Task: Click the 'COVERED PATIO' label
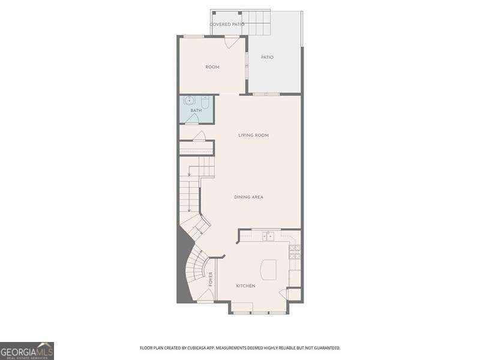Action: click(x=227, y=25)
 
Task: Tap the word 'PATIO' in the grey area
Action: click(x=267, y=58)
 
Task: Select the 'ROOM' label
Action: click(x=212, y=67)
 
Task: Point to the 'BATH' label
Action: click(x=196, y=111)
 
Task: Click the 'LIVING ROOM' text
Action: click(x=253, y=136)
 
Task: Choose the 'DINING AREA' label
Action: click(x=248, y=197)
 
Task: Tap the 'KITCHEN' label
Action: click(x=245, y=286)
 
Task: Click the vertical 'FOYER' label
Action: click(x=211, y=278)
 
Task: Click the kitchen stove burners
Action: click(x=295, y=252)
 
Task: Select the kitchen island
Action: click(x=268, y=269)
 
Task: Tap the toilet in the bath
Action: click(x=205, y=103)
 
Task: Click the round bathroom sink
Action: click(x=189, y=101)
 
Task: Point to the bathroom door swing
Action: click(x=192, y=119)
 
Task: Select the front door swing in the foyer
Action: click(x=205, y=295)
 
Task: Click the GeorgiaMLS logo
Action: click(x=27, y=350)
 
